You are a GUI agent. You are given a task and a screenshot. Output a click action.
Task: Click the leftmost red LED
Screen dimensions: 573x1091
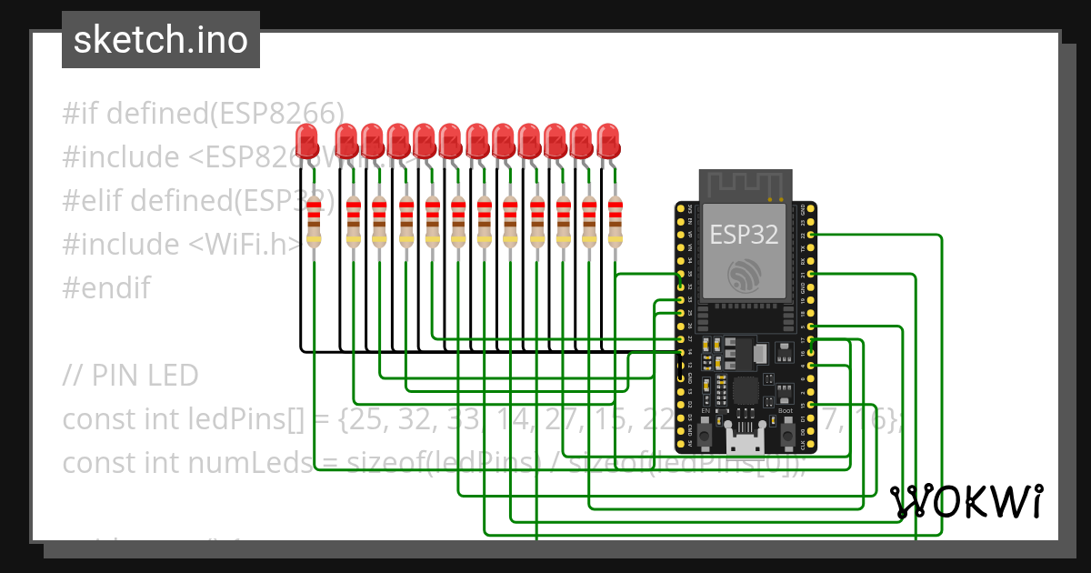click(x=308, y=141)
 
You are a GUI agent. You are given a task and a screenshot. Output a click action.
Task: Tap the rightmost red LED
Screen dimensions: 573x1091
click(x=608, y=141)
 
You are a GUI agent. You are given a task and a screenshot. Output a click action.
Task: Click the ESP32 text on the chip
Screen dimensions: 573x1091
click(x=744, y=235)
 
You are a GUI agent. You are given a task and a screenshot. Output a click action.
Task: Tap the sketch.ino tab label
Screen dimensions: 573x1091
click(x=161, y=41)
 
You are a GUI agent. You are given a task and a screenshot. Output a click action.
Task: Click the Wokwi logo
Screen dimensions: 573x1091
click(x=966, y=501)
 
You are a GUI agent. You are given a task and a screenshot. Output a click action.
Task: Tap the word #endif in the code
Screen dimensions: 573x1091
click(x=106, y=288)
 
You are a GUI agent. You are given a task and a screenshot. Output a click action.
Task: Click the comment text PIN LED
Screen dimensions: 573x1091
click(x=145, y=376)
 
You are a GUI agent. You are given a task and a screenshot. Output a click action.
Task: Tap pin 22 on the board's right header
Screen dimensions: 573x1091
click(x=810, y=235)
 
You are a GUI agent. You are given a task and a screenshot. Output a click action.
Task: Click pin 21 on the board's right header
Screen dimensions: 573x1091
click(x=810, y=274)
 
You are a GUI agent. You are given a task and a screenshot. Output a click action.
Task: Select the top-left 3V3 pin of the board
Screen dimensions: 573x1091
click(x=681, y=209)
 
